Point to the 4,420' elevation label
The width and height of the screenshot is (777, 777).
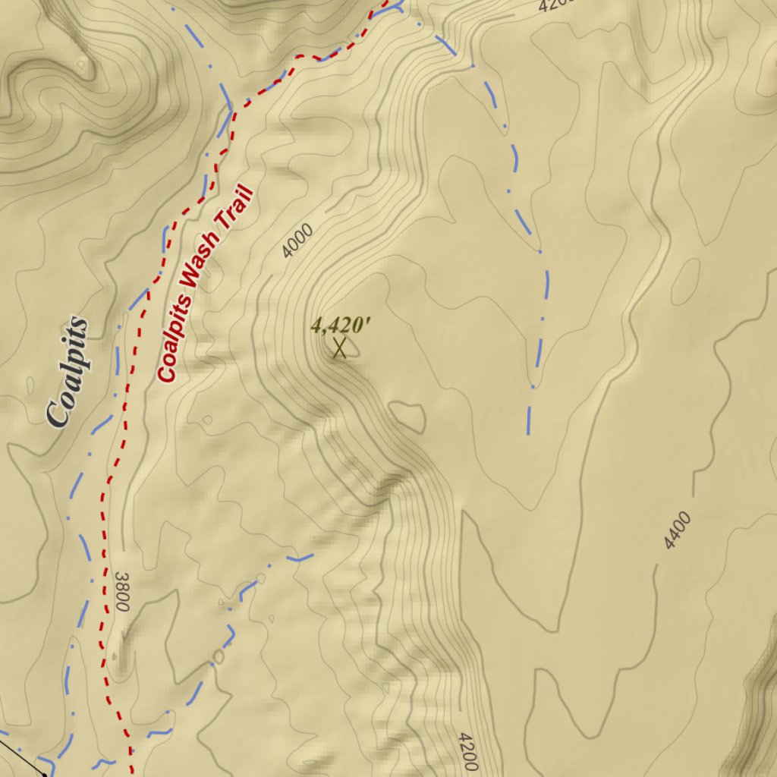341,326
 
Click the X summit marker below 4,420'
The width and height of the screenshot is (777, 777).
339,348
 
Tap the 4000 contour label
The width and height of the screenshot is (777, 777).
297,241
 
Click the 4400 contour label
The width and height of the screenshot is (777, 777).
677,530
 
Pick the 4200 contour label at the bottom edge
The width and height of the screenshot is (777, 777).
467,751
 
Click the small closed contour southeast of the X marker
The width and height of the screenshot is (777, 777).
407,415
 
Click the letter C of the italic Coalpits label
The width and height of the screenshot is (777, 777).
58,413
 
